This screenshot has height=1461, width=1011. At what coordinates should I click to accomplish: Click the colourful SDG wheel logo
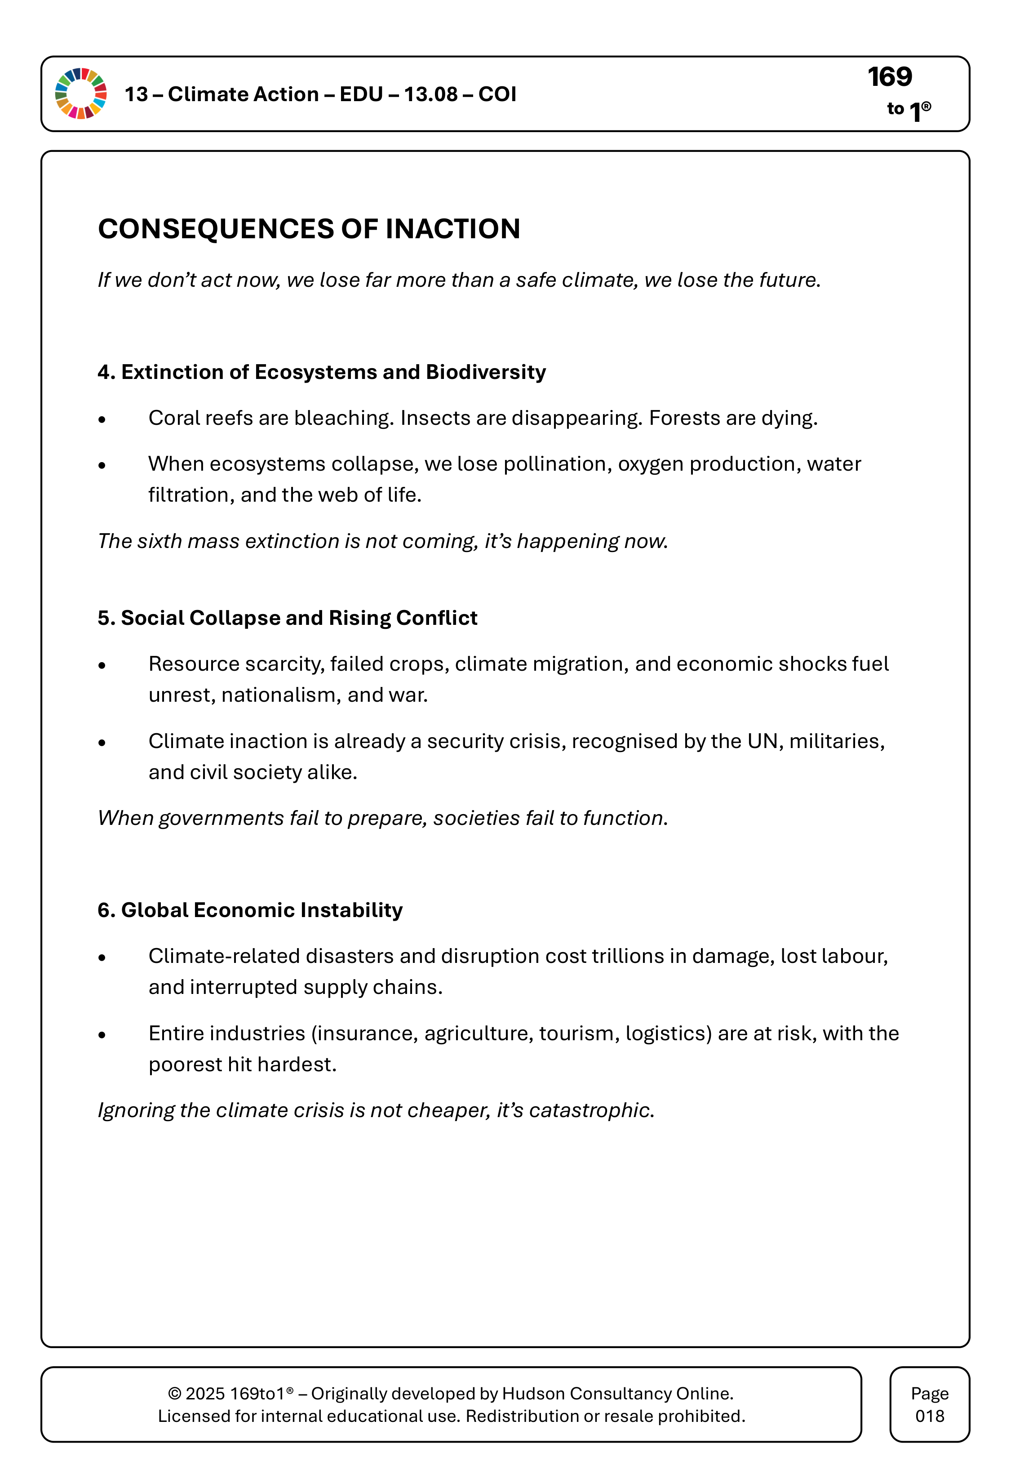point(81,94)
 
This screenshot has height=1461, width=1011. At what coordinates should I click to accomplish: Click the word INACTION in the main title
point(452,229)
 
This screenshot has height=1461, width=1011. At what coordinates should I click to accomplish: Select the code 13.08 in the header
point(431,94)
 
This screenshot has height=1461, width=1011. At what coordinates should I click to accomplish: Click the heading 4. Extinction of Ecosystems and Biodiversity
point(321,372)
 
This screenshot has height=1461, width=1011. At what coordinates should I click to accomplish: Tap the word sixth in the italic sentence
point(160,541)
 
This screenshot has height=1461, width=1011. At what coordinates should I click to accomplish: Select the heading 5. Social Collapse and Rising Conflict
point(287,618)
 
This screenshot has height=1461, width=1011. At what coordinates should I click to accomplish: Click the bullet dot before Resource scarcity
point(102,665)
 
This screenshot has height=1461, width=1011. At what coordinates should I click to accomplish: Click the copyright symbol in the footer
point(174,1394)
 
